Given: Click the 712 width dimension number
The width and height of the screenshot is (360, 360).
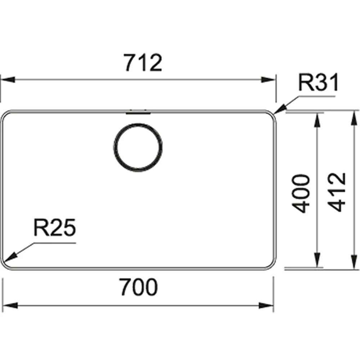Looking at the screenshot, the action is coord(143,63).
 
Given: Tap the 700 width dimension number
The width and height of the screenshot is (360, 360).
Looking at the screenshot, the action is coord(139,287).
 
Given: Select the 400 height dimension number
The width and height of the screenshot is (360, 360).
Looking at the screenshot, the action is coord(301,194).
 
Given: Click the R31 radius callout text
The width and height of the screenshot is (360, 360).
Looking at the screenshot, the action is coord(318,82).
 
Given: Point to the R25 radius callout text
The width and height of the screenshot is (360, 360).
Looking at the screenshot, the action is coord(55,227).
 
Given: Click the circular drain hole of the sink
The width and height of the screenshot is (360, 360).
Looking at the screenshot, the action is coord(138,147).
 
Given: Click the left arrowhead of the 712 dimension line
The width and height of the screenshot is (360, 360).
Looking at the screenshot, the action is coord(8,80).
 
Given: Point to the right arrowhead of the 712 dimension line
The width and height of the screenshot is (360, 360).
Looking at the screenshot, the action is coord(268,80).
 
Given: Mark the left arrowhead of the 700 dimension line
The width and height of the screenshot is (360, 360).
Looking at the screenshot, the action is coord(10,306).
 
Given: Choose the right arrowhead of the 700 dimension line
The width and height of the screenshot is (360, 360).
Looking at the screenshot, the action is coord(266,306).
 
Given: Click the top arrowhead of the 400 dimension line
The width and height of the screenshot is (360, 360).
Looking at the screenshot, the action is coord(317,120).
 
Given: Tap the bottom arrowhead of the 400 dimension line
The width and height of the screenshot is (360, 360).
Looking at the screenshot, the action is coord(317,260).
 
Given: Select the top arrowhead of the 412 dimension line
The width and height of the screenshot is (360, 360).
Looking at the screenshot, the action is coord(353,118).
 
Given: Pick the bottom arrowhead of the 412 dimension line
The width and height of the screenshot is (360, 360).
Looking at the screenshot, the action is coord(353,262).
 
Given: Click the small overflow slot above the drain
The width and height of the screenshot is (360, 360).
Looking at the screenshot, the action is coord(138,112).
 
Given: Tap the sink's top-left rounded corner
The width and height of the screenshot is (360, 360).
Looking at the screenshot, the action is coord(5,115).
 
